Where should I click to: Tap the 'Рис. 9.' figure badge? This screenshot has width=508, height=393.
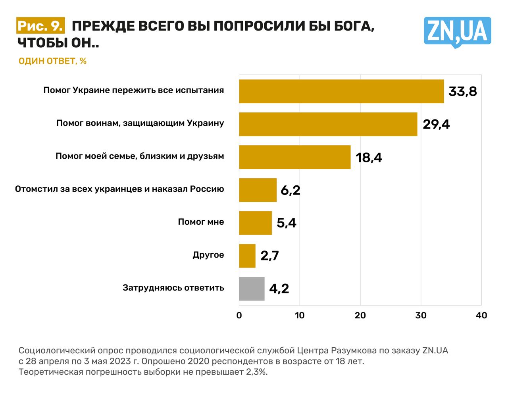(x=40, y=26)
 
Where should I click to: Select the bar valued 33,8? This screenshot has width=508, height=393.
(x=341, y=91)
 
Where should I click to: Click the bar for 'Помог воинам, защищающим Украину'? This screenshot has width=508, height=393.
(x=328, y=124)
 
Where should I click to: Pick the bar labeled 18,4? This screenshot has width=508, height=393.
(x=294, y=157)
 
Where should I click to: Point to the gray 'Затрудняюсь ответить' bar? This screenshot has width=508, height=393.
(x=252, y=289)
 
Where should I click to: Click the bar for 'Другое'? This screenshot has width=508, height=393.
(x=247, y=256)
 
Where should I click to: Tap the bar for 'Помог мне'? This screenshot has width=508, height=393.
(x=255, y=223)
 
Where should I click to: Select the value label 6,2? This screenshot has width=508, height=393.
(x=290, y=190)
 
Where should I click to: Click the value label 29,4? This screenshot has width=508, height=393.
(x=436, y=124)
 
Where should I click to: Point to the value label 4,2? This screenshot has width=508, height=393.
(x=279, y=289)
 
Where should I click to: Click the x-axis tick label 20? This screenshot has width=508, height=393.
(x=360, y=315)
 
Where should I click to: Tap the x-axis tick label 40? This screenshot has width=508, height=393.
(x=481, y=315)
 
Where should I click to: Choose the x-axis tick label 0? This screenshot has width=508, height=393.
(x=239, y=315)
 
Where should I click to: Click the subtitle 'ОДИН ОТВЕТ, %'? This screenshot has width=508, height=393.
(x=52, y=61)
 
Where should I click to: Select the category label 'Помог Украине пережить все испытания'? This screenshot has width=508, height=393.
(x=133, y=90)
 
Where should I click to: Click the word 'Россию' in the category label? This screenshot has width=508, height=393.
(x=207, y=189)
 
